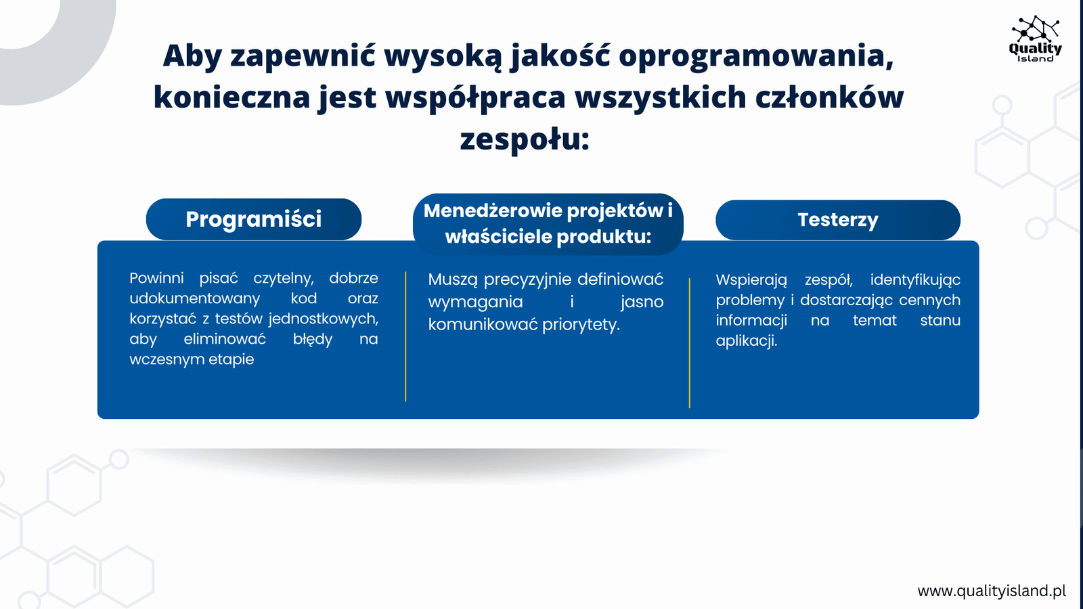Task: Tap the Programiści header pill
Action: point(253,219)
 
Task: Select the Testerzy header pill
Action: point(838,220)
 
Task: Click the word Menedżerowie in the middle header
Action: point(491,210)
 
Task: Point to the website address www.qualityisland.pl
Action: point(992,591)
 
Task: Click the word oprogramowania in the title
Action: point(756,56)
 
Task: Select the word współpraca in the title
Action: point(475,97)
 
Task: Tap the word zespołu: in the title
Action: point(525,139)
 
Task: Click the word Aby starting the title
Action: point(192,56)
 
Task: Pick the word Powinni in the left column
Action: point(156,278)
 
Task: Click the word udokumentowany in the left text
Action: point(195,298)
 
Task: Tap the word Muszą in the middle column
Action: point(453,280)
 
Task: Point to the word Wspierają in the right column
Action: point(751,280)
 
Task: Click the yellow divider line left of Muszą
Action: point(405,336)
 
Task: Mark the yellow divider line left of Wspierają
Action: point(690,343)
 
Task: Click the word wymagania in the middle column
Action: point(475,302)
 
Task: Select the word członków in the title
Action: point(829,97)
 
